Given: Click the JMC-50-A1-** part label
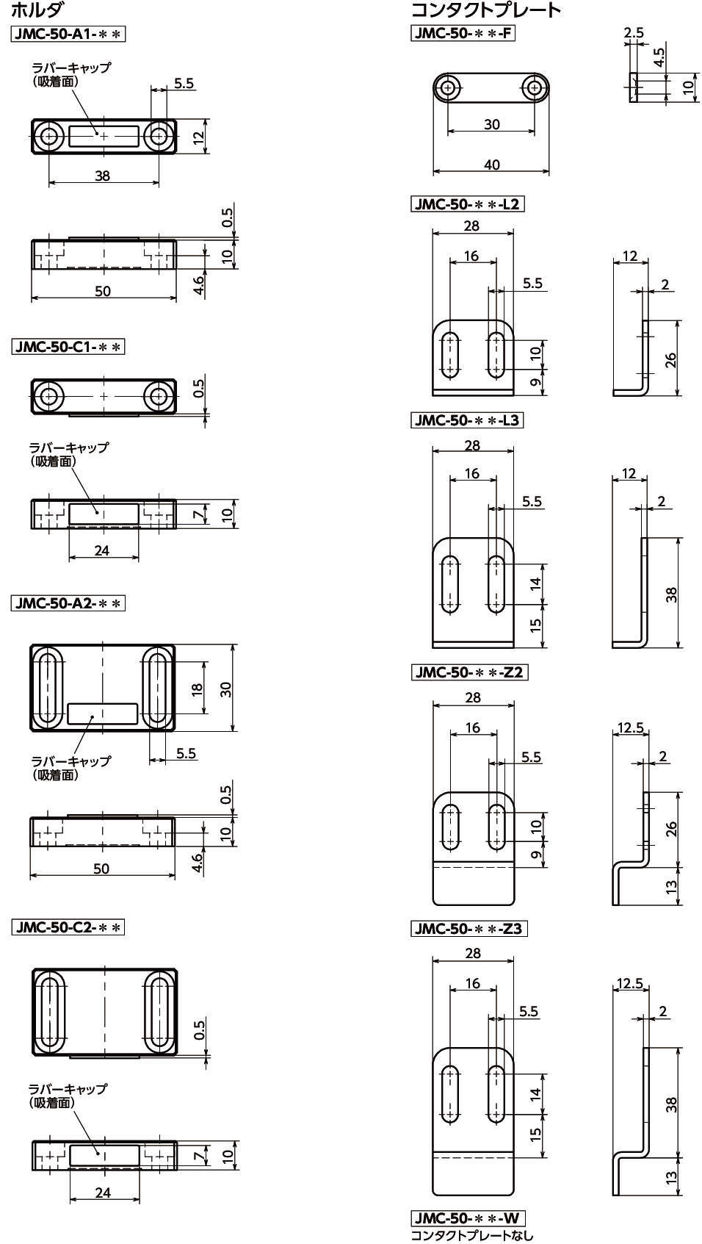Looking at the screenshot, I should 69,34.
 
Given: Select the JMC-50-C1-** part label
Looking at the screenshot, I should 69,346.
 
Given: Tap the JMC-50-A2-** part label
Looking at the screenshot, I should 69,603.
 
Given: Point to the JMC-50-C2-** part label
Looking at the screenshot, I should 69,927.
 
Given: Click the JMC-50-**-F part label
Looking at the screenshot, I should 463,32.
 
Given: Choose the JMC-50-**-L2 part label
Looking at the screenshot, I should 468,204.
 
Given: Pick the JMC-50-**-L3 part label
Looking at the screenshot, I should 468,420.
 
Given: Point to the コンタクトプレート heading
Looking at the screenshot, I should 485,10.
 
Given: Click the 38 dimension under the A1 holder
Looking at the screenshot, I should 102,176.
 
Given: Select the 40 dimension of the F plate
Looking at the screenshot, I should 491,165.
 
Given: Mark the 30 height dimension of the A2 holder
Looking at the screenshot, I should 226,688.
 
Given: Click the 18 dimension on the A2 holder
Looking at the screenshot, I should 198,688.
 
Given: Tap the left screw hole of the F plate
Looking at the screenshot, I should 448,89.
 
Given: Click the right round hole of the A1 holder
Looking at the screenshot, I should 158,136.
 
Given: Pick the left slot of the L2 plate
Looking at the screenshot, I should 449,356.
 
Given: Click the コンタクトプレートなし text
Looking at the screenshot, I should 472,1235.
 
